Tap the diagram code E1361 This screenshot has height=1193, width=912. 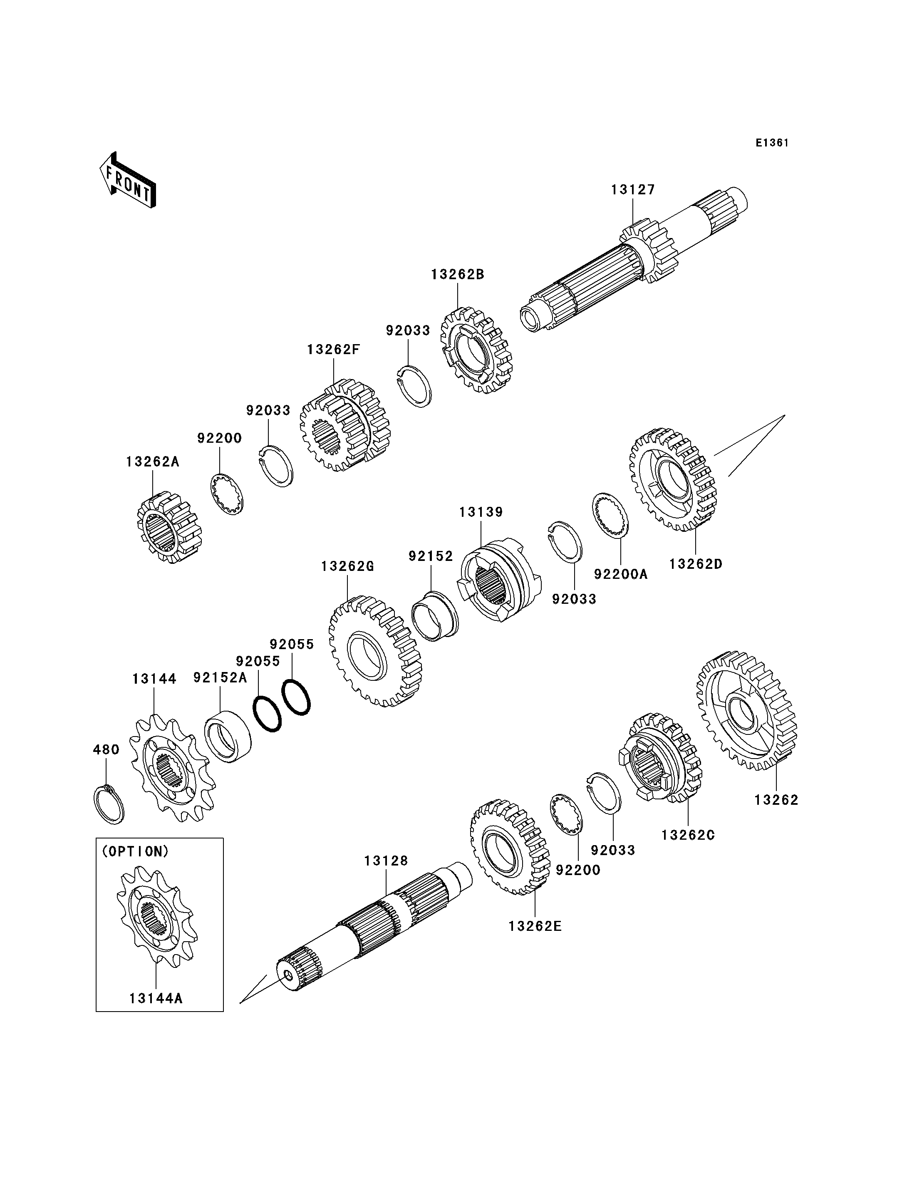coord(772,143)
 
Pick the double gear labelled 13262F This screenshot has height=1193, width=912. coord(345,425)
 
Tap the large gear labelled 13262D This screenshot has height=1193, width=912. coord(673,479)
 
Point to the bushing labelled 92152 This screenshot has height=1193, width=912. coord(434,615)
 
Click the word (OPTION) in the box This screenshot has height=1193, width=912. coord(135,851)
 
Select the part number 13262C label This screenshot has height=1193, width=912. coord(688,835)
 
